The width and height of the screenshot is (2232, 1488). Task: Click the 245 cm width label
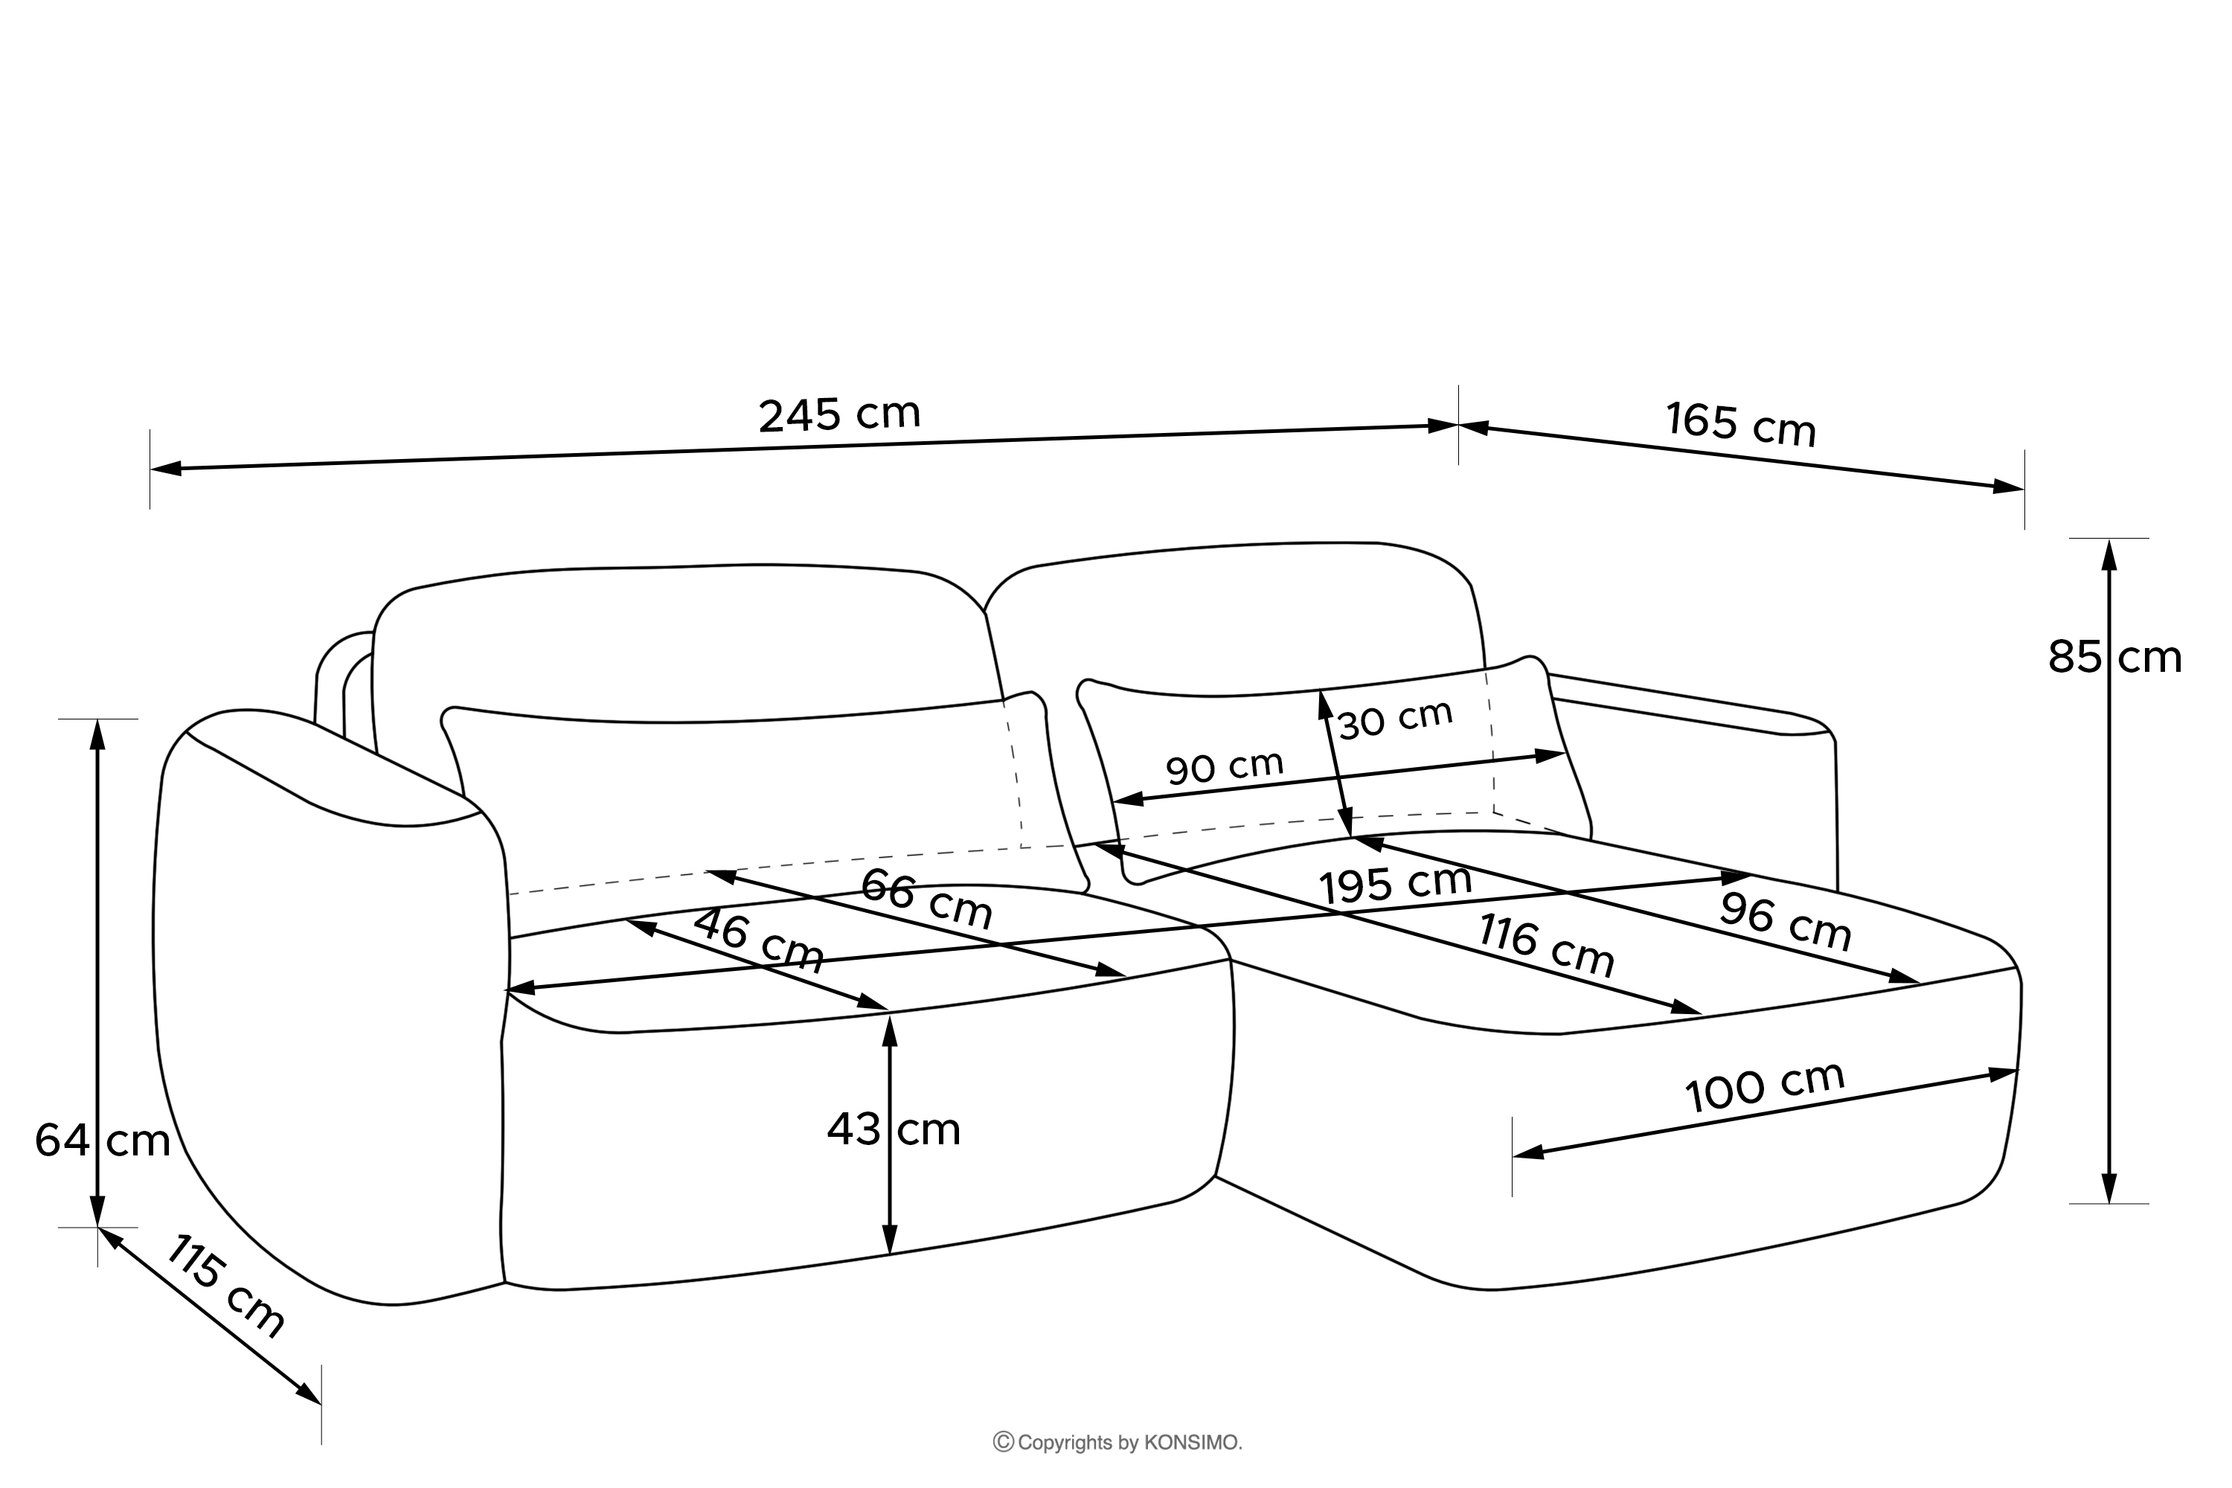pos(839,414)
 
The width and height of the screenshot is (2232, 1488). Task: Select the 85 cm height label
pos(2114,657)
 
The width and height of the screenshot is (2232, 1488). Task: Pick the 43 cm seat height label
pos(893,1129)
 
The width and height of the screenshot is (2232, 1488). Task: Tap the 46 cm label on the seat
pos(758,940)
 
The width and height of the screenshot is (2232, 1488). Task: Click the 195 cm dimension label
pos(1395,885)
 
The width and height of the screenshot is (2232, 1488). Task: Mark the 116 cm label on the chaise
pos(1546,945)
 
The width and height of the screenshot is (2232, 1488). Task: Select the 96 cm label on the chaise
pos(1785,923)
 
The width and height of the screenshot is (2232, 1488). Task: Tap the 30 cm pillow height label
pos(1394,719)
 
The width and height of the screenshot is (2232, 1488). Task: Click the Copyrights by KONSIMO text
pos(1129,1443)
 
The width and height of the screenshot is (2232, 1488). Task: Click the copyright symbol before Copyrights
pos(1003,1443)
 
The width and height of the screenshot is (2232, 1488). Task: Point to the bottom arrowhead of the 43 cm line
pos(889,1240)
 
